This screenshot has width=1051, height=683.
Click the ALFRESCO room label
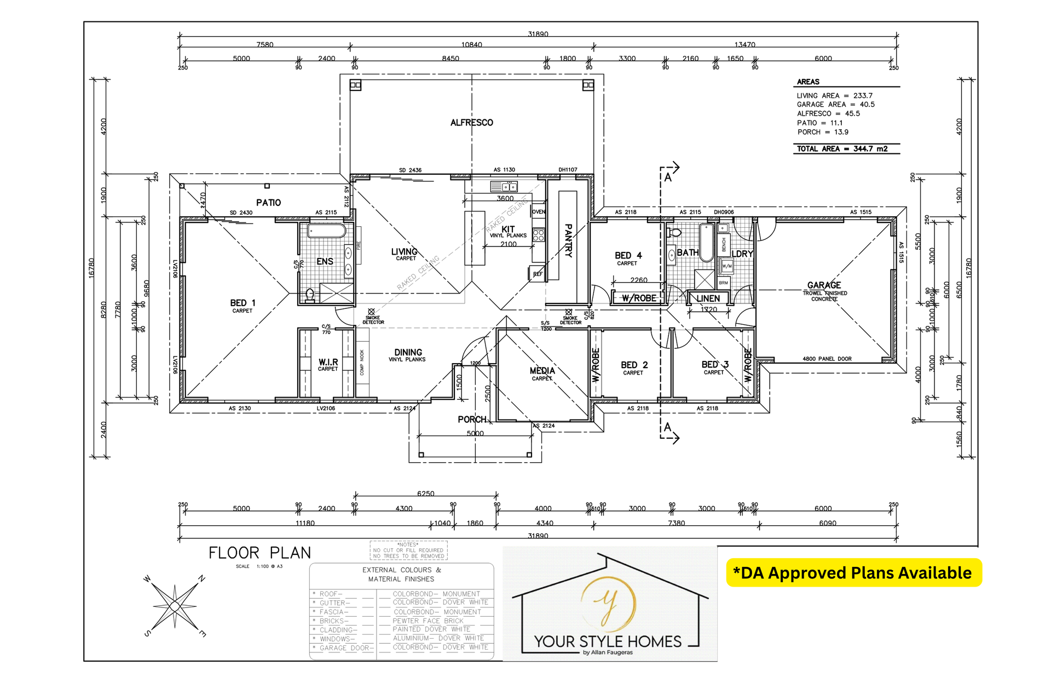471,123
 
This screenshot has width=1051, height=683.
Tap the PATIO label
268,203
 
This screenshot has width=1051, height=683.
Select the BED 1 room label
242,303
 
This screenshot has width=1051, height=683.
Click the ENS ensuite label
325,262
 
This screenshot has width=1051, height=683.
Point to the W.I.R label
328,362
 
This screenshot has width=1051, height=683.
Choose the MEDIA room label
542,371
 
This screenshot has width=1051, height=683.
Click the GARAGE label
824,285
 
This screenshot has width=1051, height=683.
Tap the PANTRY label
568,240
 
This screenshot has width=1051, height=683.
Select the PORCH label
471,420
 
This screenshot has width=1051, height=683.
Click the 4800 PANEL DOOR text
827,359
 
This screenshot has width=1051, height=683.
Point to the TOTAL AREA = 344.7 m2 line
842,148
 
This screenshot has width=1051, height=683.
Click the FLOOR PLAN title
259,553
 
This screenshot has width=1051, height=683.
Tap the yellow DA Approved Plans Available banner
853,573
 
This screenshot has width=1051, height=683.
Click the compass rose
175,606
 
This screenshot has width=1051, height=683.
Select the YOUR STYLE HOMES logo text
608,641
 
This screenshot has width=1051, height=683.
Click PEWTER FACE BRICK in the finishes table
428,621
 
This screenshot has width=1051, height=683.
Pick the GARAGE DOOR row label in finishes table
346,648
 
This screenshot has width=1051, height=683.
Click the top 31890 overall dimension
538,34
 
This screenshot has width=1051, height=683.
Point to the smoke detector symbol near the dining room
371,312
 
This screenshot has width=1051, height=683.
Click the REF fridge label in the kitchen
538,274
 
